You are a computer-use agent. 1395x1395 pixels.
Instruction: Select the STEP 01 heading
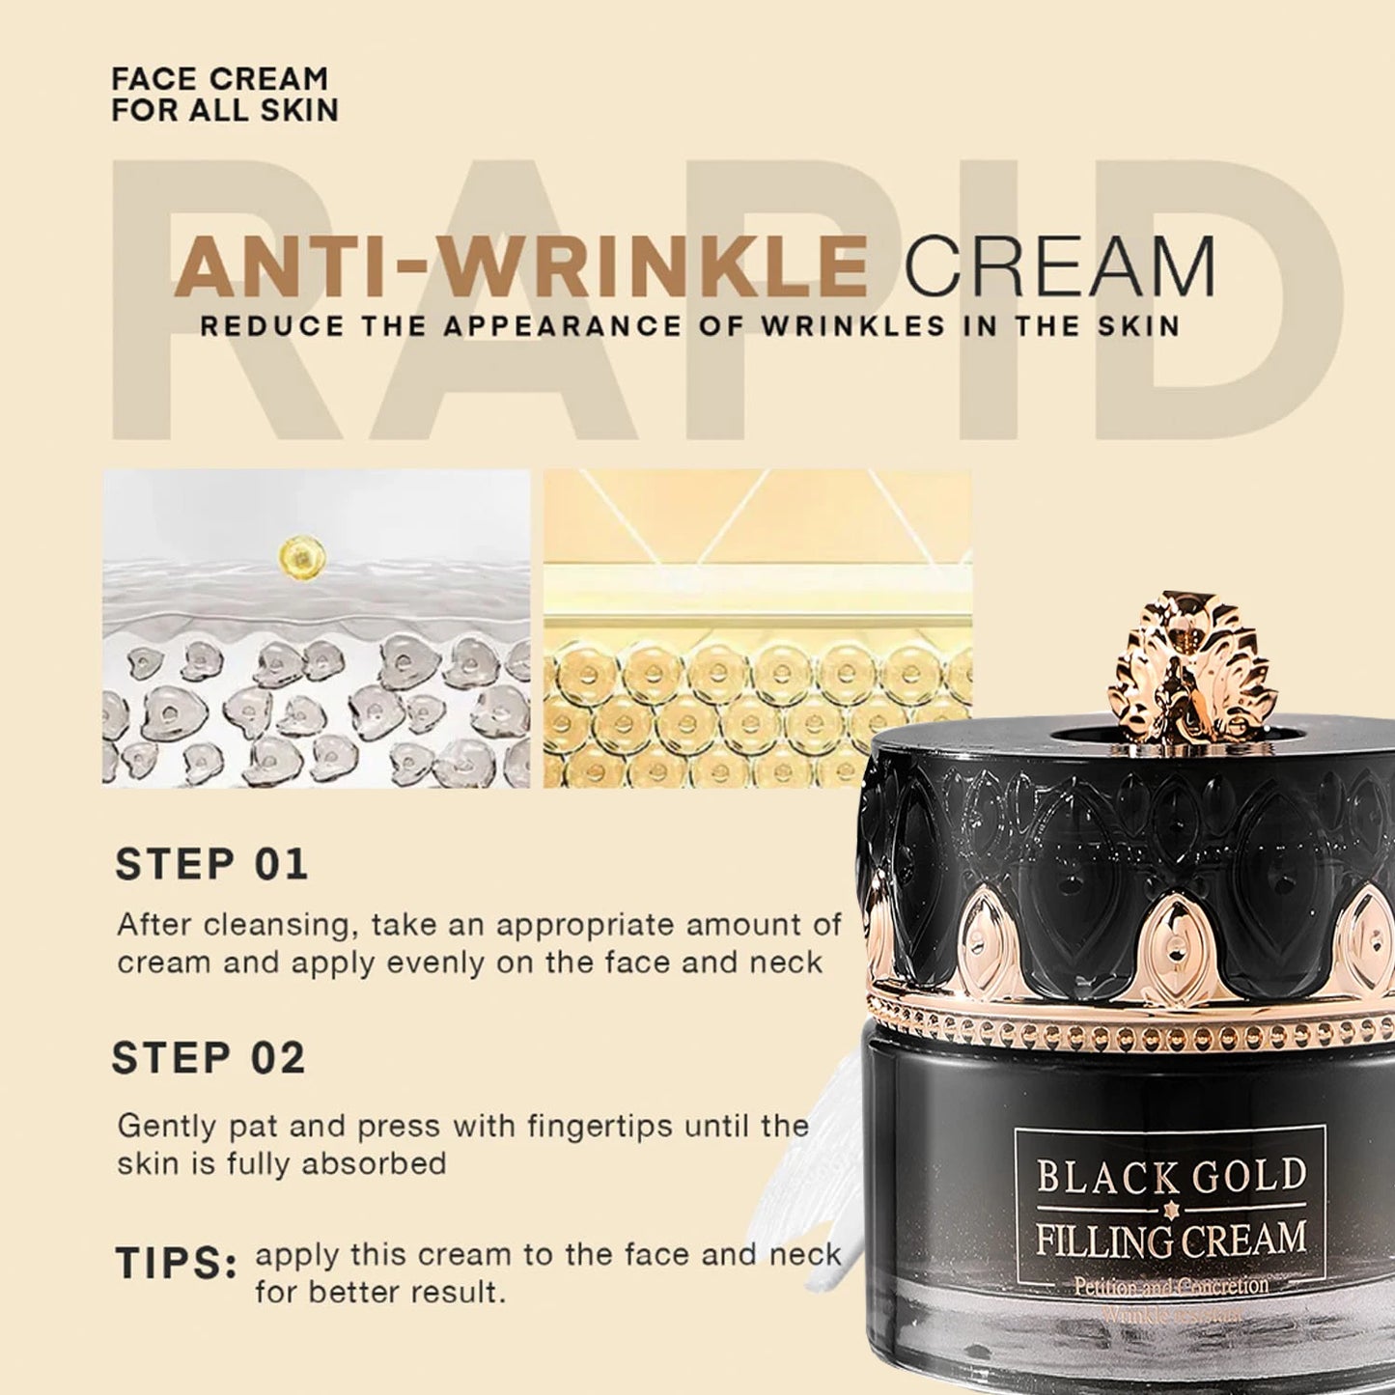[x=211, y=865]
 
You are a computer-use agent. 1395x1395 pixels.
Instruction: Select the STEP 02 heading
[x=209, y=1059]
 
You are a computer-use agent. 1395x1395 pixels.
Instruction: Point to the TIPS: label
[x=176, y=1264]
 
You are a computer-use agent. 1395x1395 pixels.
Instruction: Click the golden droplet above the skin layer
[x=300, y=557]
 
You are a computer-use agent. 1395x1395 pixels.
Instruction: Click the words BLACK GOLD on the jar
[x=1171, y=1176]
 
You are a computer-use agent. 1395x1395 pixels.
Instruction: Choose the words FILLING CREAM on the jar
[x=1171, y=1238]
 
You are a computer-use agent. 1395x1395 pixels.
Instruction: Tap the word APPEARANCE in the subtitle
[x=592, y=325]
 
